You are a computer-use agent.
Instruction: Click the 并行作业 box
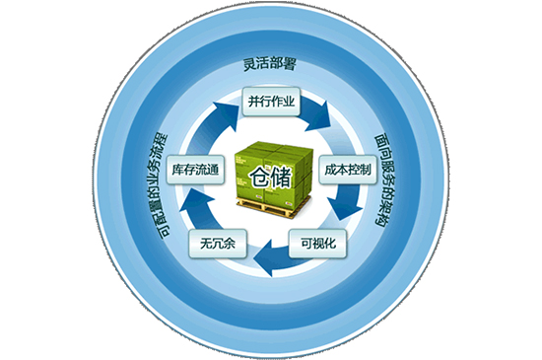coord(271,102)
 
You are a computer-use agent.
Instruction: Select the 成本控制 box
coord(348,170)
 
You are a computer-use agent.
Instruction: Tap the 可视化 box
coord(317,244)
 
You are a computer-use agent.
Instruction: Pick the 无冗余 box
coord(218,244)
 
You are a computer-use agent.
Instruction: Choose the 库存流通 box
coord(195,170)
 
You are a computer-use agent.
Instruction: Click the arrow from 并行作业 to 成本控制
coord(316,114)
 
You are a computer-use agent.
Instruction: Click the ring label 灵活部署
coord(270,65)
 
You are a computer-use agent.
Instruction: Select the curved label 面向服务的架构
coord(384,180)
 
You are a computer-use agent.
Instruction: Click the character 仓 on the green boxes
coord(260,178)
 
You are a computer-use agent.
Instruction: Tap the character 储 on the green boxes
coord(282,178)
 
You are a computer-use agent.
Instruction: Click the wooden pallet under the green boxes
coord(274,206)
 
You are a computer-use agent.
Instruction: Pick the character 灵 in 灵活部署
coord(249,65)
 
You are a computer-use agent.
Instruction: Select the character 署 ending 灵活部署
coord(290,65)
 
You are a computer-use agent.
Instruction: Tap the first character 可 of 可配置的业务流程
coord(165,232)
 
